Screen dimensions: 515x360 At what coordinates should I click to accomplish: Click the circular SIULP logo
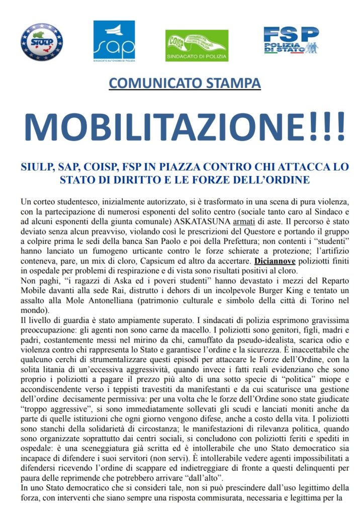pyautogui.click(x=41, y=42)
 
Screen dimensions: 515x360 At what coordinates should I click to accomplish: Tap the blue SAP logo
pyautogui.click(x=114, y=40)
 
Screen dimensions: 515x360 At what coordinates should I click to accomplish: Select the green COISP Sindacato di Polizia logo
pyautogui.click(x=197, y=46)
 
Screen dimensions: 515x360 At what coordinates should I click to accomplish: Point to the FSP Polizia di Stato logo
pyautogui.click(x=291, y=41)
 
